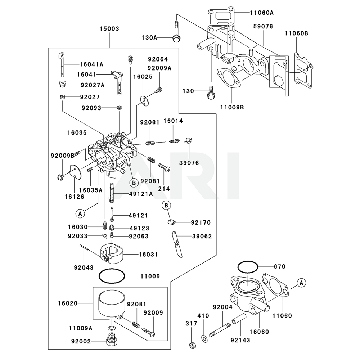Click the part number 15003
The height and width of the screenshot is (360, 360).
point(109,29)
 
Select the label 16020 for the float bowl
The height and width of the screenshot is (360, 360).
point(68,303)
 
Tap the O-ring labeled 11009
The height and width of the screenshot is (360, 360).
point(112,276)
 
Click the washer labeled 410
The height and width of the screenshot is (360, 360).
point(204,337)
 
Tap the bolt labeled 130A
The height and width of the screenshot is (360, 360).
point(176,37)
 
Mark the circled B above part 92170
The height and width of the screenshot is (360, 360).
point(166,205)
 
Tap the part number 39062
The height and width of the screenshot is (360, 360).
point(202,237)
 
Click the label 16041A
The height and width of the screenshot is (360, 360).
point(91,64)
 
